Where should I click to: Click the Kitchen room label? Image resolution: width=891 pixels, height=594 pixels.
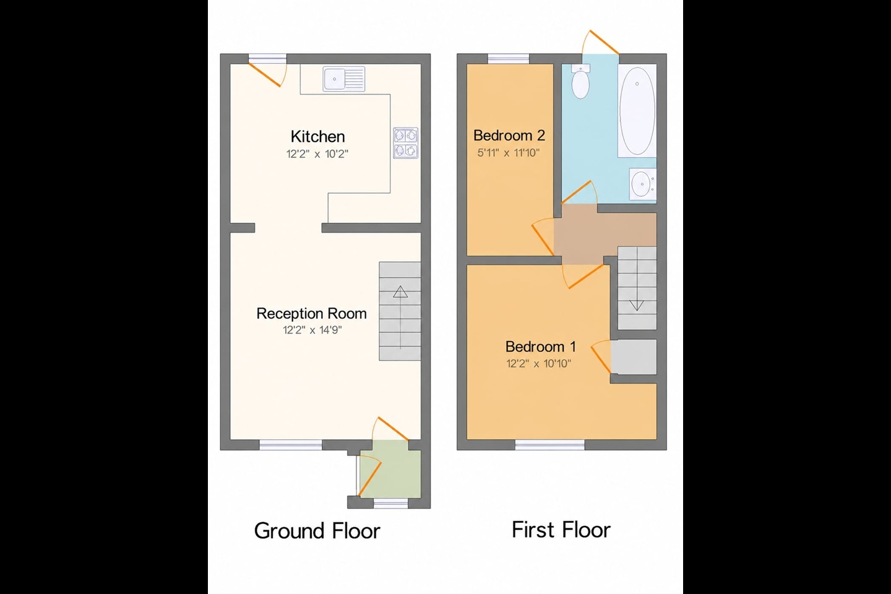coord(317,137)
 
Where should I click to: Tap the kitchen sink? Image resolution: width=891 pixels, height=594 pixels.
coord(343,79)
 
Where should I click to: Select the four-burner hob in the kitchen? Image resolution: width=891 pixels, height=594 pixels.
coord(406,143)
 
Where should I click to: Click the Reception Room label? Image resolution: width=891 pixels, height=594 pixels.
coord(311,314)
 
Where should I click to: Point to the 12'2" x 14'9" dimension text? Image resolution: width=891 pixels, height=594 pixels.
coord(312,330)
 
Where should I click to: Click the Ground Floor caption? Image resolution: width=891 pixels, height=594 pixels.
coord(317,531)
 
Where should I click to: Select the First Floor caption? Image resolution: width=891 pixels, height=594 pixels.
coord(561,530)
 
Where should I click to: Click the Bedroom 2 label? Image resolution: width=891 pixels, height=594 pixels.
coord(509,136)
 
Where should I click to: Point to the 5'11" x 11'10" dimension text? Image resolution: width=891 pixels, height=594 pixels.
coord(509,152)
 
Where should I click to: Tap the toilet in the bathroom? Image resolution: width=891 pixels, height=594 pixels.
coord(580,81)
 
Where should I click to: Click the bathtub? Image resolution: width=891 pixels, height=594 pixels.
coord(637,111)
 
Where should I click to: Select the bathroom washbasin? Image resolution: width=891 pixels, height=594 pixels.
coord(642,184)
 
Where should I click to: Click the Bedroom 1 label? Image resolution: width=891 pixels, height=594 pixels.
coord(540,346)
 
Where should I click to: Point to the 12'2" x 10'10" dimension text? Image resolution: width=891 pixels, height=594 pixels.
coord(538,363)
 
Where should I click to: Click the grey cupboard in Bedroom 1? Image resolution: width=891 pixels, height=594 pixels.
coord(634,357)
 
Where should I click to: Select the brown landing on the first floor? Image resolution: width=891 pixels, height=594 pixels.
coord(605,235)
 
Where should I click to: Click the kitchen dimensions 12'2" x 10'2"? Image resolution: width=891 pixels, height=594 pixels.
coord(317,153)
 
